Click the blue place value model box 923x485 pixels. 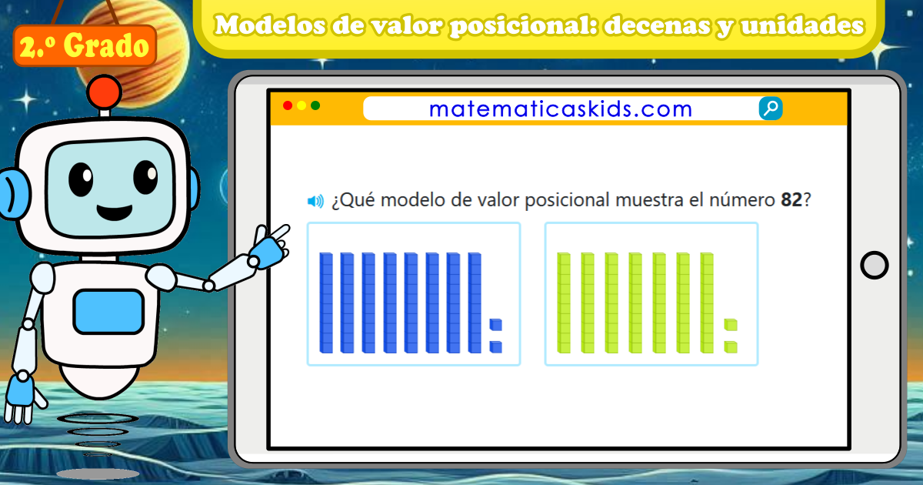tap(414, 293)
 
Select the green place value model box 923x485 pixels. tap(651, 293)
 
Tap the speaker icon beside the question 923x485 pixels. tap(315, 202)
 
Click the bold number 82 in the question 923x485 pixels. tap(791, 201)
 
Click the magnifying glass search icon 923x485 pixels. tap(771, 109)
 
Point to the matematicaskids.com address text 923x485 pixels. tap(561, 109)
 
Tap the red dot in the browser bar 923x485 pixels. tap(288, 105)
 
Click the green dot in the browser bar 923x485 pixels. tap(315, 105)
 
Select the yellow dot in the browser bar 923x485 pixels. tap(302, 105)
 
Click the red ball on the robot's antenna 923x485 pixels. tap(104, 92)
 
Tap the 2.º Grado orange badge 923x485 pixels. tap(85, 46)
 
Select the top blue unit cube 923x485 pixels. tap(496, 323)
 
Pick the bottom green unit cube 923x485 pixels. tap(731, 347)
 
